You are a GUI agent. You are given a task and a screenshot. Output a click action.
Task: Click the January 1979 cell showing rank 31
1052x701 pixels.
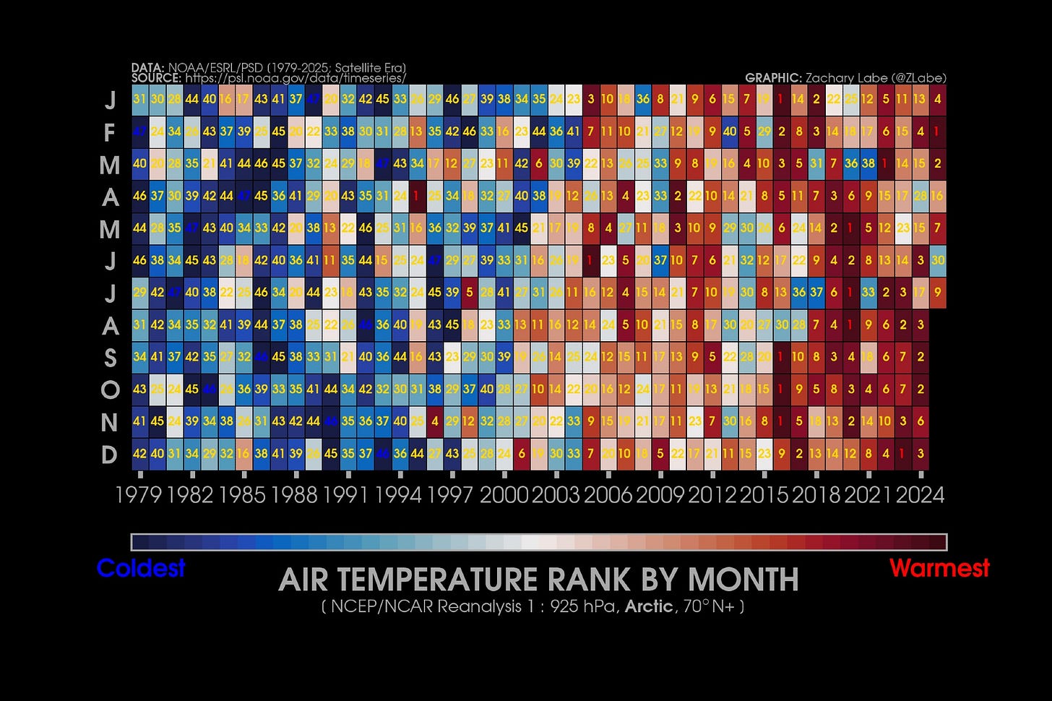click(x=139, y=100)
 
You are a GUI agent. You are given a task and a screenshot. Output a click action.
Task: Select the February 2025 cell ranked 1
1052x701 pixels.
click(x=938, y=132)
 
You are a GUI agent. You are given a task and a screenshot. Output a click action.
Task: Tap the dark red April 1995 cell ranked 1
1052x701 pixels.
click(x=417, y=196)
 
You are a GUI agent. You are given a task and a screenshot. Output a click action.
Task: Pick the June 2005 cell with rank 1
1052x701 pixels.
click(x=590, y=260)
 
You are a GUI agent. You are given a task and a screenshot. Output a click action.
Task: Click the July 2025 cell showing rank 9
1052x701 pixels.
click(x=938, y=293)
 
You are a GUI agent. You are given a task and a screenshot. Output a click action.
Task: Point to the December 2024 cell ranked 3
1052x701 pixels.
click(x=920, y=454)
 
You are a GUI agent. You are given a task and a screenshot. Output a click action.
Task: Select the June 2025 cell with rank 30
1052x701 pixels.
click(x=938, y=260)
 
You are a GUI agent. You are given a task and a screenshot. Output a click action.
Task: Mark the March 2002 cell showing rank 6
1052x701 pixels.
click(x=538, y=164)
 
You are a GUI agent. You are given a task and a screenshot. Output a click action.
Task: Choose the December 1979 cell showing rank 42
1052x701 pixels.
click(x=139, y=454)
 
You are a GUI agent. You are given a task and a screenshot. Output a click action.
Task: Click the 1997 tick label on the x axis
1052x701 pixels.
click(x=452, y=495)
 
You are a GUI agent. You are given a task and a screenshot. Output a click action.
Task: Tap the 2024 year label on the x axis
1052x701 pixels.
click(x=920, y=495)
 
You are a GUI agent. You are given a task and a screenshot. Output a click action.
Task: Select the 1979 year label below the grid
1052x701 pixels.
click(x=139, y=495)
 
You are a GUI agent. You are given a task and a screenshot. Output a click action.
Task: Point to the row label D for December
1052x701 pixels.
click(x=110, y=455)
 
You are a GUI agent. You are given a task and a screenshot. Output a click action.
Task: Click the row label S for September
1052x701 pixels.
click(x=110, y=358)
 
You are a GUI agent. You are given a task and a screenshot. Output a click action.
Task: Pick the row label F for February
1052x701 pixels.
click(x=110, y=132)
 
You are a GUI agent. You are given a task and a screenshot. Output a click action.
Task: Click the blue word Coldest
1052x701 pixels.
click(x=141, y=569)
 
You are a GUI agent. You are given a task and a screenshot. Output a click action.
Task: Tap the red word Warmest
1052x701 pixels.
click(x=939, y=569)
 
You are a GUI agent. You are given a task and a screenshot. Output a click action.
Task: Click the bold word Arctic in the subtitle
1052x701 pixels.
click(x=648, y=606)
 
